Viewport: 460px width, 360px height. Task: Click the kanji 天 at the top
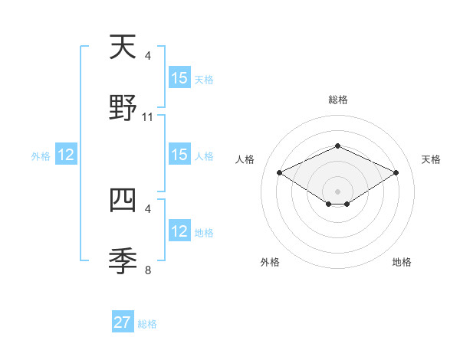tap(123, 47)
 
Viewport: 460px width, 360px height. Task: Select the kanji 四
tap(123, 201)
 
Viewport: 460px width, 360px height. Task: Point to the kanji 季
tap(123, 260)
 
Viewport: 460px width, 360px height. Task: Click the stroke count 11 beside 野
tap(148, 117)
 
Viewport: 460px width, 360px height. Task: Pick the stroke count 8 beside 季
tap(148, 269)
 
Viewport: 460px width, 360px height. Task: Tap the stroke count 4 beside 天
tap(148, 56)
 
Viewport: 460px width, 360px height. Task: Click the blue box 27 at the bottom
tap(123, 322)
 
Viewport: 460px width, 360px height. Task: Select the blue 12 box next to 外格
tap(66, 155)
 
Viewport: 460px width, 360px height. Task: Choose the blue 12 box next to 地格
tap(179, 232)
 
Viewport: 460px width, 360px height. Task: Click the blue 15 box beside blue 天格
tap(179, 78)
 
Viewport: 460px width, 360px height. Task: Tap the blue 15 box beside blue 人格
tap(179, 155)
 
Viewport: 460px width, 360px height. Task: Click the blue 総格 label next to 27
tap(147, 324)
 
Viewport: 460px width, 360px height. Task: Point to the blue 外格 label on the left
tap(41, 156)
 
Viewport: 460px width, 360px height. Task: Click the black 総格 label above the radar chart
tap(337, 100)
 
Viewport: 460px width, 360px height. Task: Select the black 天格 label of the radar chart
tap(431, 159)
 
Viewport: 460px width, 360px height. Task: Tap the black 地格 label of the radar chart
tap(402, 262)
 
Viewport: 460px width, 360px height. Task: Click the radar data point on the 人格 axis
tap(279, 172)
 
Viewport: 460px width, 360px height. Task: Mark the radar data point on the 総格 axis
tap(337, 146)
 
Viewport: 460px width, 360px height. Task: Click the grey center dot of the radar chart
tap(337, 191)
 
